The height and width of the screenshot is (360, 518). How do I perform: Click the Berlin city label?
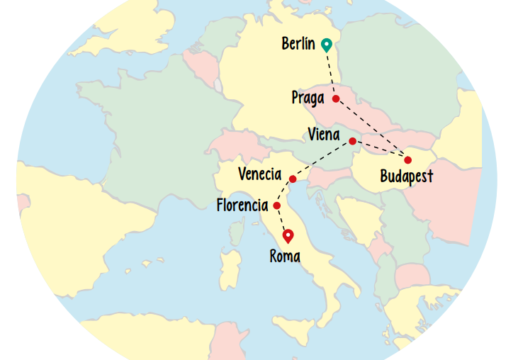click(x=298, y=44)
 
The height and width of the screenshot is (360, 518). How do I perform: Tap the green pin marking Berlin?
click(x=326, y=45)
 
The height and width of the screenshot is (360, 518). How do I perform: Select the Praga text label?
click(x=308, y=98)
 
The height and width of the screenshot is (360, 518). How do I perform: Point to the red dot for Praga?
click(x=336, y=99)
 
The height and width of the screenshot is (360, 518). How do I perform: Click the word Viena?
click(x=324, y=135)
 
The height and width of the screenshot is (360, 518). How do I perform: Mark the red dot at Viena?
click(x=352, y=141)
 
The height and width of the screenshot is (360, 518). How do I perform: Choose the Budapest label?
click(x=406, y=176)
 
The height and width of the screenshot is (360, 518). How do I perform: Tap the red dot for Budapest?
click(x=407, y=159)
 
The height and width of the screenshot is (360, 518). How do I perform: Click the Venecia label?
click(x=259, y=174)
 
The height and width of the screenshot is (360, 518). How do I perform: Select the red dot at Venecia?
click(x=293, y=179)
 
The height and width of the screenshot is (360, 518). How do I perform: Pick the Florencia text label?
click(x=242, y=206)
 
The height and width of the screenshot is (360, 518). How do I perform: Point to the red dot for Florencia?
click(x=276, y=206)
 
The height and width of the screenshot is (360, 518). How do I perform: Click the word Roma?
click(x=285, y=257)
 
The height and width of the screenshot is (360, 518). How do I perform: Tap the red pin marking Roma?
click(x=288, y=235)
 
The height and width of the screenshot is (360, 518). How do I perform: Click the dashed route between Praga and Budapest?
click(x=372, y=129)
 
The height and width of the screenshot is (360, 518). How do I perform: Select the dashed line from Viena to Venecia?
click(x=322, y=160)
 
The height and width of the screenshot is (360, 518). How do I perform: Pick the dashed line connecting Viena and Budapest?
click(x=380, y=150)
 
